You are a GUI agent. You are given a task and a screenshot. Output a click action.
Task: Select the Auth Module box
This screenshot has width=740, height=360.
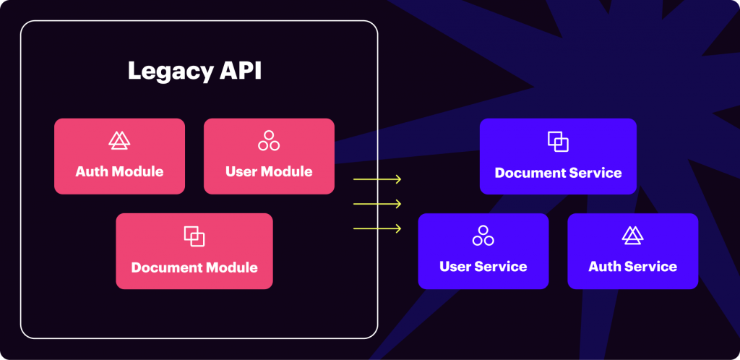click(x=119, y=156)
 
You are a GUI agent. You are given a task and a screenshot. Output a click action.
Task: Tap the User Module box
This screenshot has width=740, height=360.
click(x=269, y=156)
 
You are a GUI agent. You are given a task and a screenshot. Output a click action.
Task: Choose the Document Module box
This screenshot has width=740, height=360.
click(x=194, y=251)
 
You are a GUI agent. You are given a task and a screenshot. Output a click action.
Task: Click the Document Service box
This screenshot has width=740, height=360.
click(x=558, y=156)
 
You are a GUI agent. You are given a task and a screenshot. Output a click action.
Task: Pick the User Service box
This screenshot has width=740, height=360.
click(x=483, y=251)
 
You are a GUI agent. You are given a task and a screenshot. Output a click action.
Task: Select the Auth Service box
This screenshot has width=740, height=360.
click(x=632, y=251)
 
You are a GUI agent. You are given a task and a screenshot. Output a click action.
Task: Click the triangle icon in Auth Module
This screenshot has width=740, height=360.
click(x=119, y=140)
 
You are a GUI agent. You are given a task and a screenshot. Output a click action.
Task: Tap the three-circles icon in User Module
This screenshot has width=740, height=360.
click(x=269, y=140)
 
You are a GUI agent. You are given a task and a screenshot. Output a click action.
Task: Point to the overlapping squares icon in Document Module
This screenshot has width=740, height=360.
click(x=194, y=236)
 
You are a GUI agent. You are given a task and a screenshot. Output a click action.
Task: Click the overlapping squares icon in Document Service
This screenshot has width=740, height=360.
click(x=558, y=142)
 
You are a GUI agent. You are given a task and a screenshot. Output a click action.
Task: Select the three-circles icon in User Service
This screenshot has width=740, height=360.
click(x=483, y=236)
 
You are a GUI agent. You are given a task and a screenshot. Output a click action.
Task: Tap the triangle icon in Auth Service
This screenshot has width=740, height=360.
click(x=632, y=236)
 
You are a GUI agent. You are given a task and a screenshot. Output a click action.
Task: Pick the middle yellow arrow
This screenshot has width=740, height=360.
click(x=377, y=204)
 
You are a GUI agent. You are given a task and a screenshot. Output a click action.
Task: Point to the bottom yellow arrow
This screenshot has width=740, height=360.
click(x=377, y=229)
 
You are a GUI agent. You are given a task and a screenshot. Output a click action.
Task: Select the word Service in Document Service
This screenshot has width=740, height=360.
click(x=595, y=173)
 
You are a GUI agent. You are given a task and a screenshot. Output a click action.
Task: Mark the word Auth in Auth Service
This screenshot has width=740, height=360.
click(x=604, y=267)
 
